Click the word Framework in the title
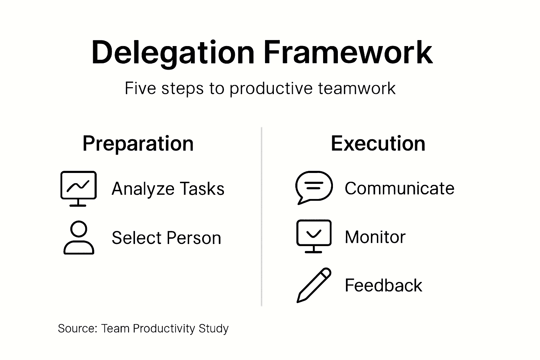click(x=348, y=53)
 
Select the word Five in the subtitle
click(x=140, y=88)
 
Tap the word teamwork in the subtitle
click(x=357, y=88)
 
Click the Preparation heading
click(x=138, y=143)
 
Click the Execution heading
click(x=378, y=143)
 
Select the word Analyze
click(x=142, y=189)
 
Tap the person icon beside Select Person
click(x=79, y=238)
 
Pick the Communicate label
click(x=399, y=188)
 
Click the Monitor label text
click(x=375, y=237)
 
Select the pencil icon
click(x=314, y=285)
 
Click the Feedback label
click(x=383, y=285)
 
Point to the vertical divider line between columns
click(x=262, y=217)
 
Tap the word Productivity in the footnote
click(x=164, y=328)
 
